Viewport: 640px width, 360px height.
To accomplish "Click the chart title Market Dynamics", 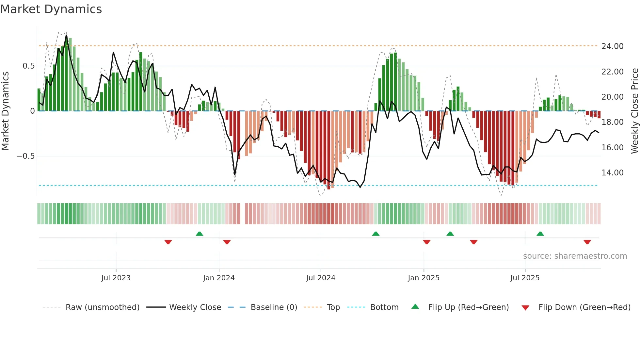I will coord(51,9).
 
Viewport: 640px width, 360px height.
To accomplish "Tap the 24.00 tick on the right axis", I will coord(612,46).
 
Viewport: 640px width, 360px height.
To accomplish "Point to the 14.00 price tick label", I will coord(612,173).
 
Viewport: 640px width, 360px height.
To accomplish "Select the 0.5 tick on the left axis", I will coord(28,66).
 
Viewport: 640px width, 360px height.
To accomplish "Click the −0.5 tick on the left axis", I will coord(26,156).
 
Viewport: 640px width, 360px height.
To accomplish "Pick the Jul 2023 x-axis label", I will coord(116,278).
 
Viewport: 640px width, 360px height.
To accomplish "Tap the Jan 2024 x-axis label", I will coord(219,278).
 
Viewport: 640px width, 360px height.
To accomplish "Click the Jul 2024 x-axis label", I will coord(321,278).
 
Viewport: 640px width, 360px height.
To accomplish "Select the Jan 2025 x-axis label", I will coord(424,278).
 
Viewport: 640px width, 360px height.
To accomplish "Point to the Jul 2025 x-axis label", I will coord(525,278).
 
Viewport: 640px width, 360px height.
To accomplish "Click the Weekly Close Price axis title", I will coord(634,111).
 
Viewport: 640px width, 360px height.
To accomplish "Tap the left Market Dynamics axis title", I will coord(5,111).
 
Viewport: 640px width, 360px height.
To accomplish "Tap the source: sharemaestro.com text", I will coord(575,256).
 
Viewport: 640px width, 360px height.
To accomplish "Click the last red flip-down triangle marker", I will coord(587,242).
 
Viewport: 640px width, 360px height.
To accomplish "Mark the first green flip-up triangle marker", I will coord(200,234).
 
